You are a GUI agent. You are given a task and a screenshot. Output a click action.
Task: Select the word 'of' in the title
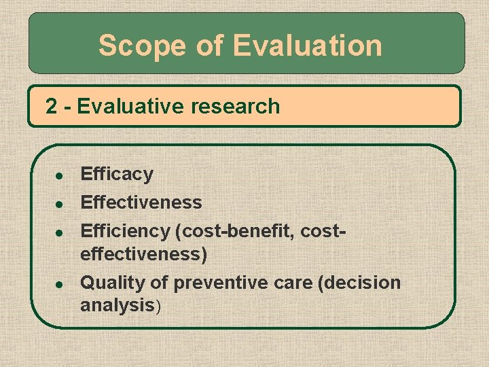[210, 46]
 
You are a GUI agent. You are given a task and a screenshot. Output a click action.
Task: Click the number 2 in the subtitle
[51, 106]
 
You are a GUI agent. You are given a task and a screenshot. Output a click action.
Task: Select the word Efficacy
[117, 174]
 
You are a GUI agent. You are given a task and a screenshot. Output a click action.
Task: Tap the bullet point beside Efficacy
[59, 175]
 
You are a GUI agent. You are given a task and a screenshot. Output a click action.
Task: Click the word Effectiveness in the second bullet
[141, 203]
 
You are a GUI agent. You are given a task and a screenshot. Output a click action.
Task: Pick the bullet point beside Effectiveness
[59, 204]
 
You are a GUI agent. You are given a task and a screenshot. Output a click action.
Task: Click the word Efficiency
[125, 231]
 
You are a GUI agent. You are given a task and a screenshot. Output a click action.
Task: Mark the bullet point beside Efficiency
[59, 232]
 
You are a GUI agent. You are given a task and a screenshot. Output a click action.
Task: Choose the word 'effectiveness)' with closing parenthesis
[144, 254]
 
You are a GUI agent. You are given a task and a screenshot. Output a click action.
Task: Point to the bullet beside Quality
[59, 283]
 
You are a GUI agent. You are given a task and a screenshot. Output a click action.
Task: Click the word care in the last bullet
[294, 282]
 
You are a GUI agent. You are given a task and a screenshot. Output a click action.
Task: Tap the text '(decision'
[359, 282]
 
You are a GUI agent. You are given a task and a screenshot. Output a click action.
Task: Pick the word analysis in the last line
[117, 305]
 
